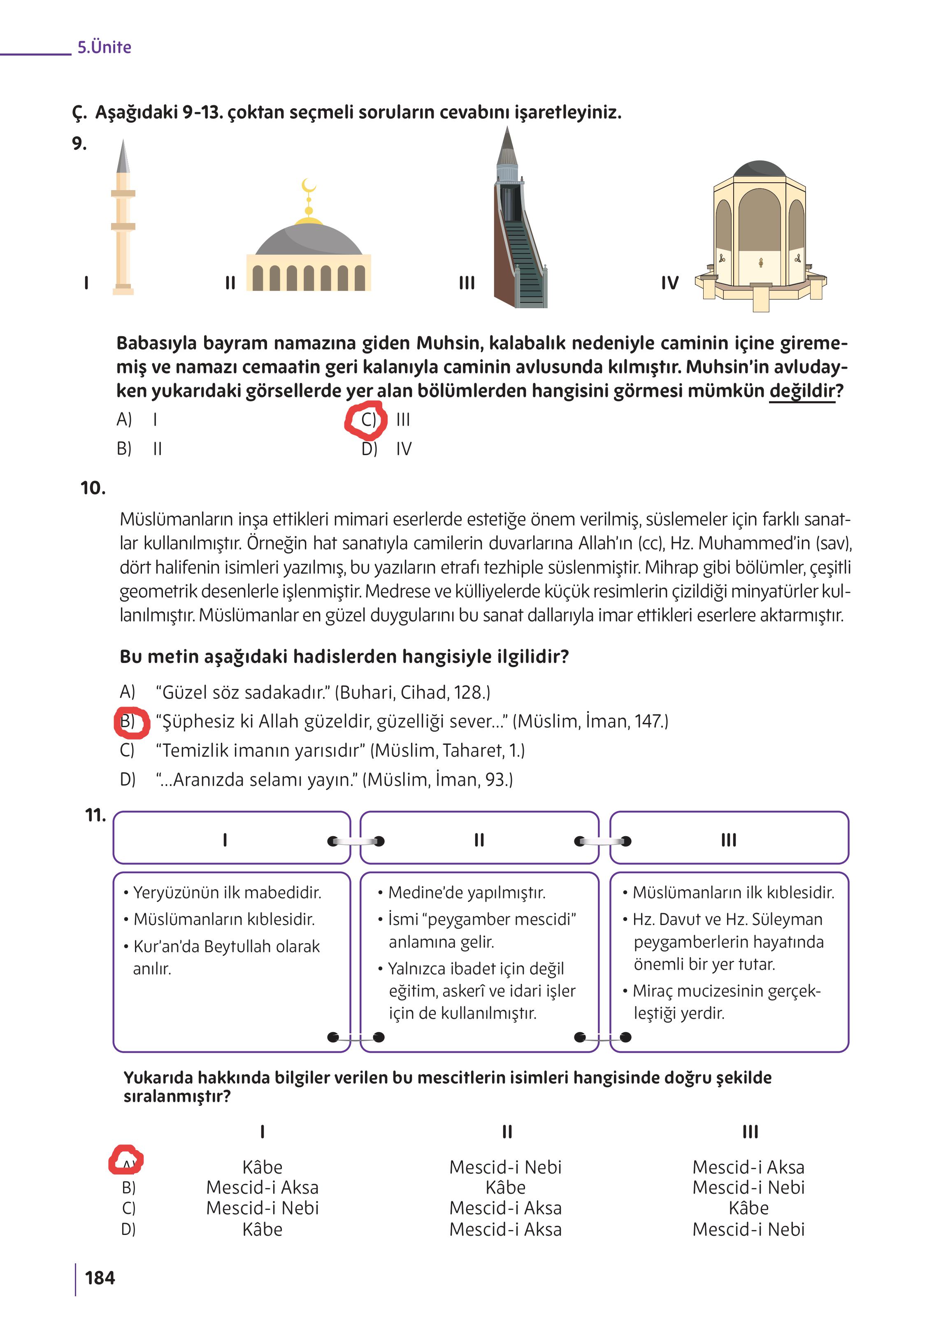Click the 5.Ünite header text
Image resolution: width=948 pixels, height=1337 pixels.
104,47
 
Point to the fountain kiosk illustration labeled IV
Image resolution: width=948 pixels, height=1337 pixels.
760,237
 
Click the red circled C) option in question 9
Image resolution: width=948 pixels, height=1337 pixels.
367,420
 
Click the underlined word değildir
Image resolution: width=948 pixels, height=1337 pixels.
802,391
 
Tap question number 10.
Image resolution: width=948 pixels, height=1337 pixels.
93,488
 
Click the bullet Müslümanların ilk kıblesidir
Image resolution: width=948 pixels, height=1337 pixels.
733,893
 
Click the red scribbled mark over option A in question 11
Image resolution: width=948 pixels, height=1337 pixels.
126,1160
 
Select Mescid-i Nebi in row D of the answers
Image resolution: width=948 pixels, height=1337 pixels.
748,1230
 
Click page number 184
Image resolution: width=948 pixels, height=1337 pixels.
100,1278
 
